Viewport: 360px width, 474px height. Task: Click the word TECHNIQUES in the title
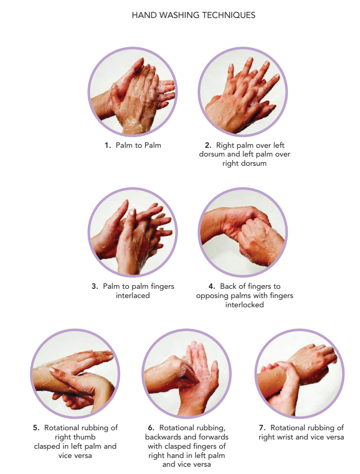(229, 15)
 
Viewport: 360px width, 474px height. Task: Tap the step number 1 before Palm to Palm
(107, 145)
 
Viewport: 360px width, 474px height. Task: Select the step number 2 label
(208, 145)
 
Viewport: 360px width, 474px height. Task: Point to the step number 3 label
(95, 286)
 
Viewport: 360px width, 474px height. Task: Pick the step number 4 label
(212, 286)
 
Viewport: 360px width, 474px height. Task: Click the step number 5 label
(36, 428)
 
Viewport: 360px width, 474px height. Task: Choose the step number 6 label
(151, 428)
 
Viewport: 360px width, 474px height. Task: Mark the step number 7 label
(262, 428)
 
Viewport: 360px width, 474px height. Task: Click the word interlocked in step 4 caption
(244, 304)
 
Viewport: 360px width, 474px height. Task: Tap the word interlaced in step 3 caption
(133, 296)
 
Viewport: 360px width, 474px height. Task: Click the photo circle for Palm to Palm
(133, 91)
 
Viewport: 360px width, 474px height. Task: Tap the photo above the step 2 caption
(243, 91)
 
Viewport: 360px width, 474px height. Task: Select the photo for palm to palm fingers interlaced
(133, 232)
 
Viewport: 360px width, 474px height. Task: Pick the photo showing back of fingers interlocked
(243, 232)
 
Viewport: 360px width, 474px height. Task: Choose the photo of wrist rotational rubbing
(299, 373)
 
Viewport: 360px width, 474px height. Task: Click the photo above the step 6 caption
(187, 373)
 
